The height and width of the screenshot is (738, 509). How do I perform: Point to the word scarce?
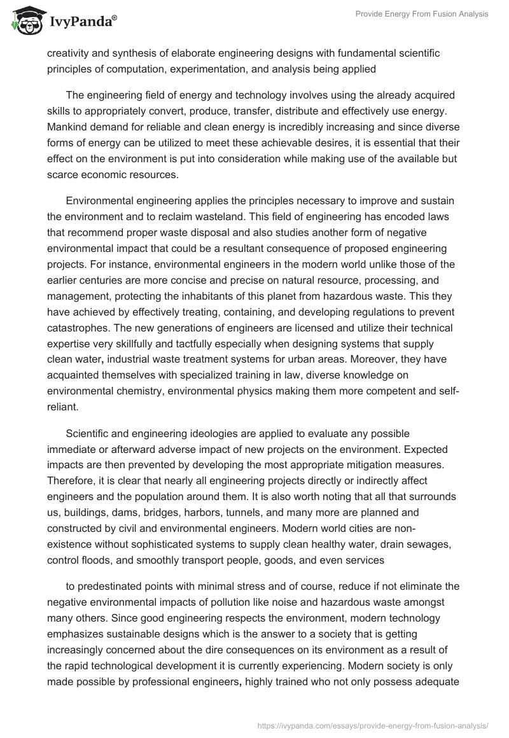pyautogui.click(x=62, y=172)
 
